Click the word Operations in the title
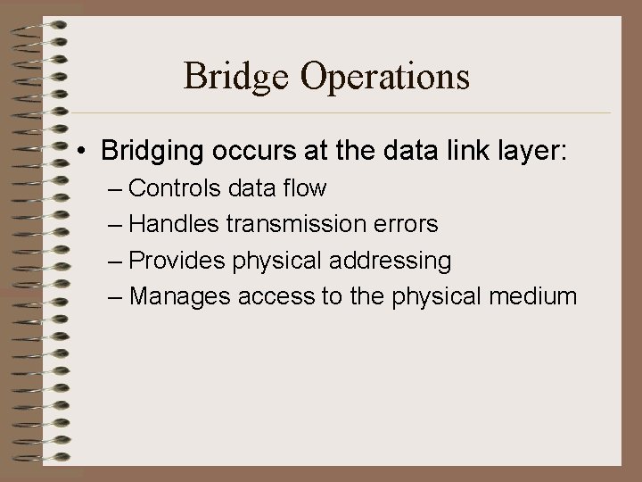click(384, 78)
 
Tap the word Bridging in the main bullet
click(152, 152)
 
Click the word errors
click(406, 225)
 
